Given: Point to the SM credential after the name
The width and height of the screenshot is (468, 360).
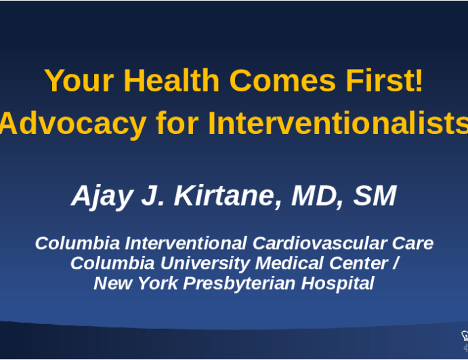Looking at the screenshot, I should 374,196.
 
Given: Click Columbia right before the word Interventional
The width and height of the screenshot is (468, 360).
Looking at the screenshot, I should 77,243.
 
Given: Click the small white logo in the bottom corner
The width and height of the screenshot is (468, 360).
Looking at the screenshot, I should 464,342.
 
